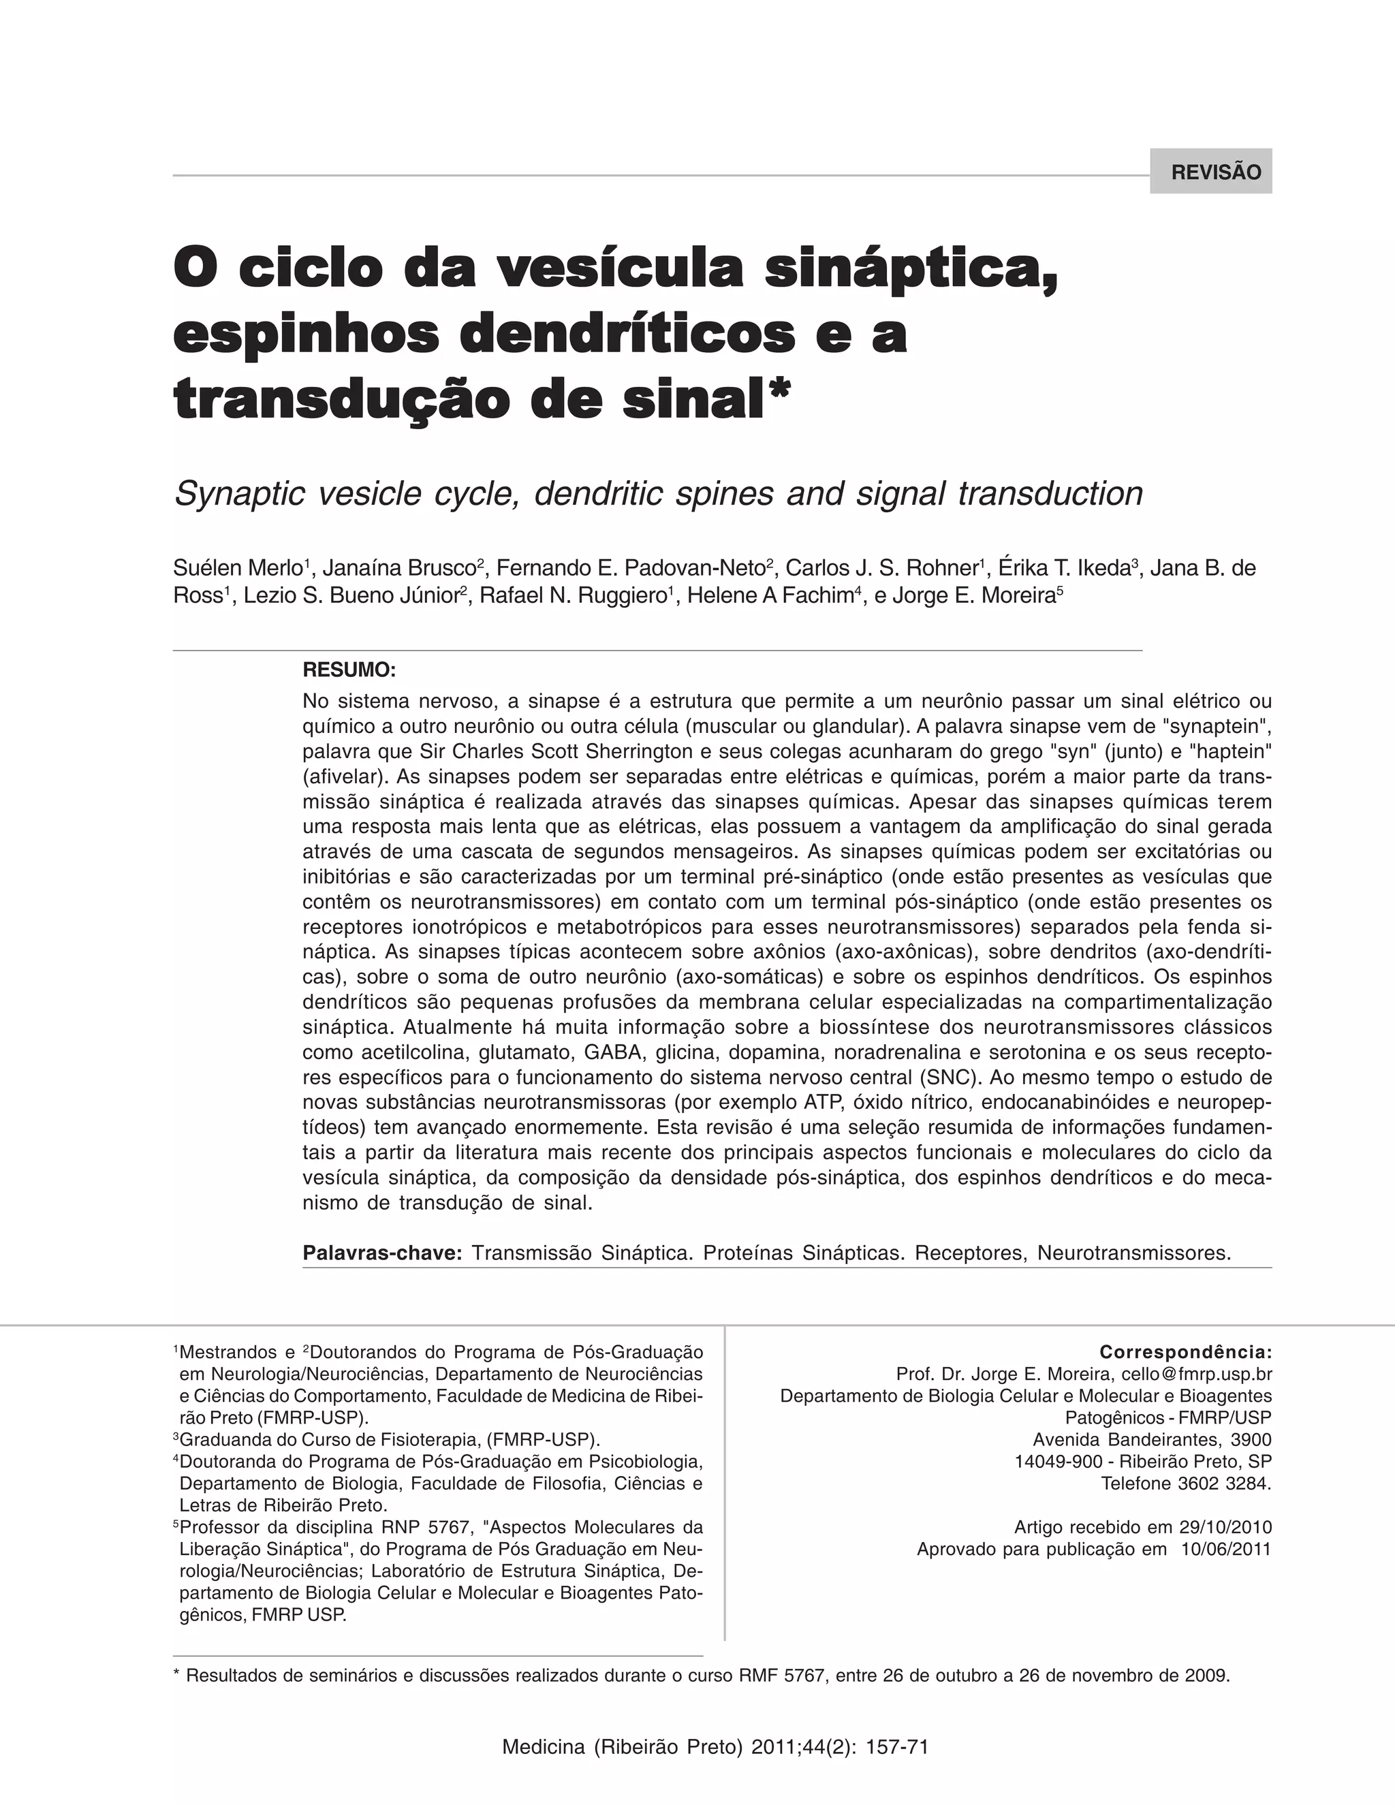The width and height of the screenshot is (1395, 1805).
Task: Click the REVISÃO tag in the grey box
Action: (x=1217, y=172)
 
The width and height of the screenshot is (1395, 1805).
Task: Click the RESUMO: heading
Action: (x=349, y=669)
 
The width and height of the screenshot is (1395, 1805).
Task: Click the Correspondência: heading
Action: (x=1185, y=1352)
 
